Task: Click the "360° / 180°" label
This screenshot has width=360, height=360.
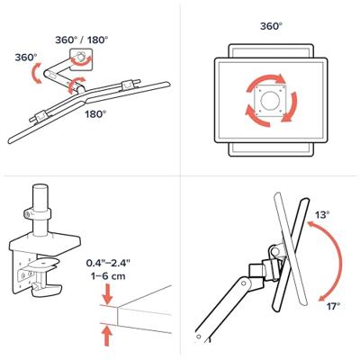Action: coord(81,40)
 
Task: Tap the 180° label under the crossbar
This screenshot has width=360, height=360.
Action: coord(95,114)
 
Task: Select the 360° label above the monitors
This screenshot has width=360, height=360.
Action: coord(271,26)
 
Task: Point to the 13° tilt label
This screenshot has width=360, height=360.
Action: coord(322,215)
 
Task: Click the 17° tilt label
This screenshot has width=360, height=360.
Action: coord(333,306)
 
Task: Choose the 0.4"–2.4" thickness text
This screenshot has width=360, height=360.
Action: coord(108,263)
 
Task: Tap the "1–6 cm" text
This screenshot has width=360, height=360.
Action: coord(108,275)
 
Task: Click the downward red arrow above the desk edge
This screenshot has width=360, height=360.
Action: coord(107,293)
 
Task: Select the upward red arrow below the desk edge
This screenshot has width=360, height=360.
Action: coord(107,336)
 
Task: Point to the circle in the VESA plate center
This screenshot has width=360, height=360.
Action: coord(269,101)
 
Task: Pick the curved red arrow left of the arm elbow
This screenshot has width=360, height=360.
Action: coord(35,74)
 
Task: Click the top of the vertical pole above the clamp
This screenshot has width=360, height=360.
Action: coord(40,187)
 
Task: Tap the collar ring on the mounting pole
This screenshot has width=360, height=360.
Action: coord(37,213)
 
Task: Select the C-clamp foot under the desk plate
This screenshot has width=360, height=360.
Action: coord(48,290)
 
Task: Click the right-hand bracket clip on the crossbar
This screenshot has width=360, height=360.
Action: coord(130,84)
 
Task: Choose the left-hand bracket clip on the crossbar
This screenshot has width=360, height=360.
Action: coord(40,116)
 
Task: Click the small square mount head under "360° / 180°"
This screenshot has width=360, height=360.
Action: coord(81,59)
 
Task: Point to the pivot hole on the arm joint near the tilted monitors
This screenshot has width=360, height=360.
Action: coord(244,283)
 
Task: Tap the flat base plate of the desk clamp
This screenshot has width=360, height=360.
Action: coord(45,242)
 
